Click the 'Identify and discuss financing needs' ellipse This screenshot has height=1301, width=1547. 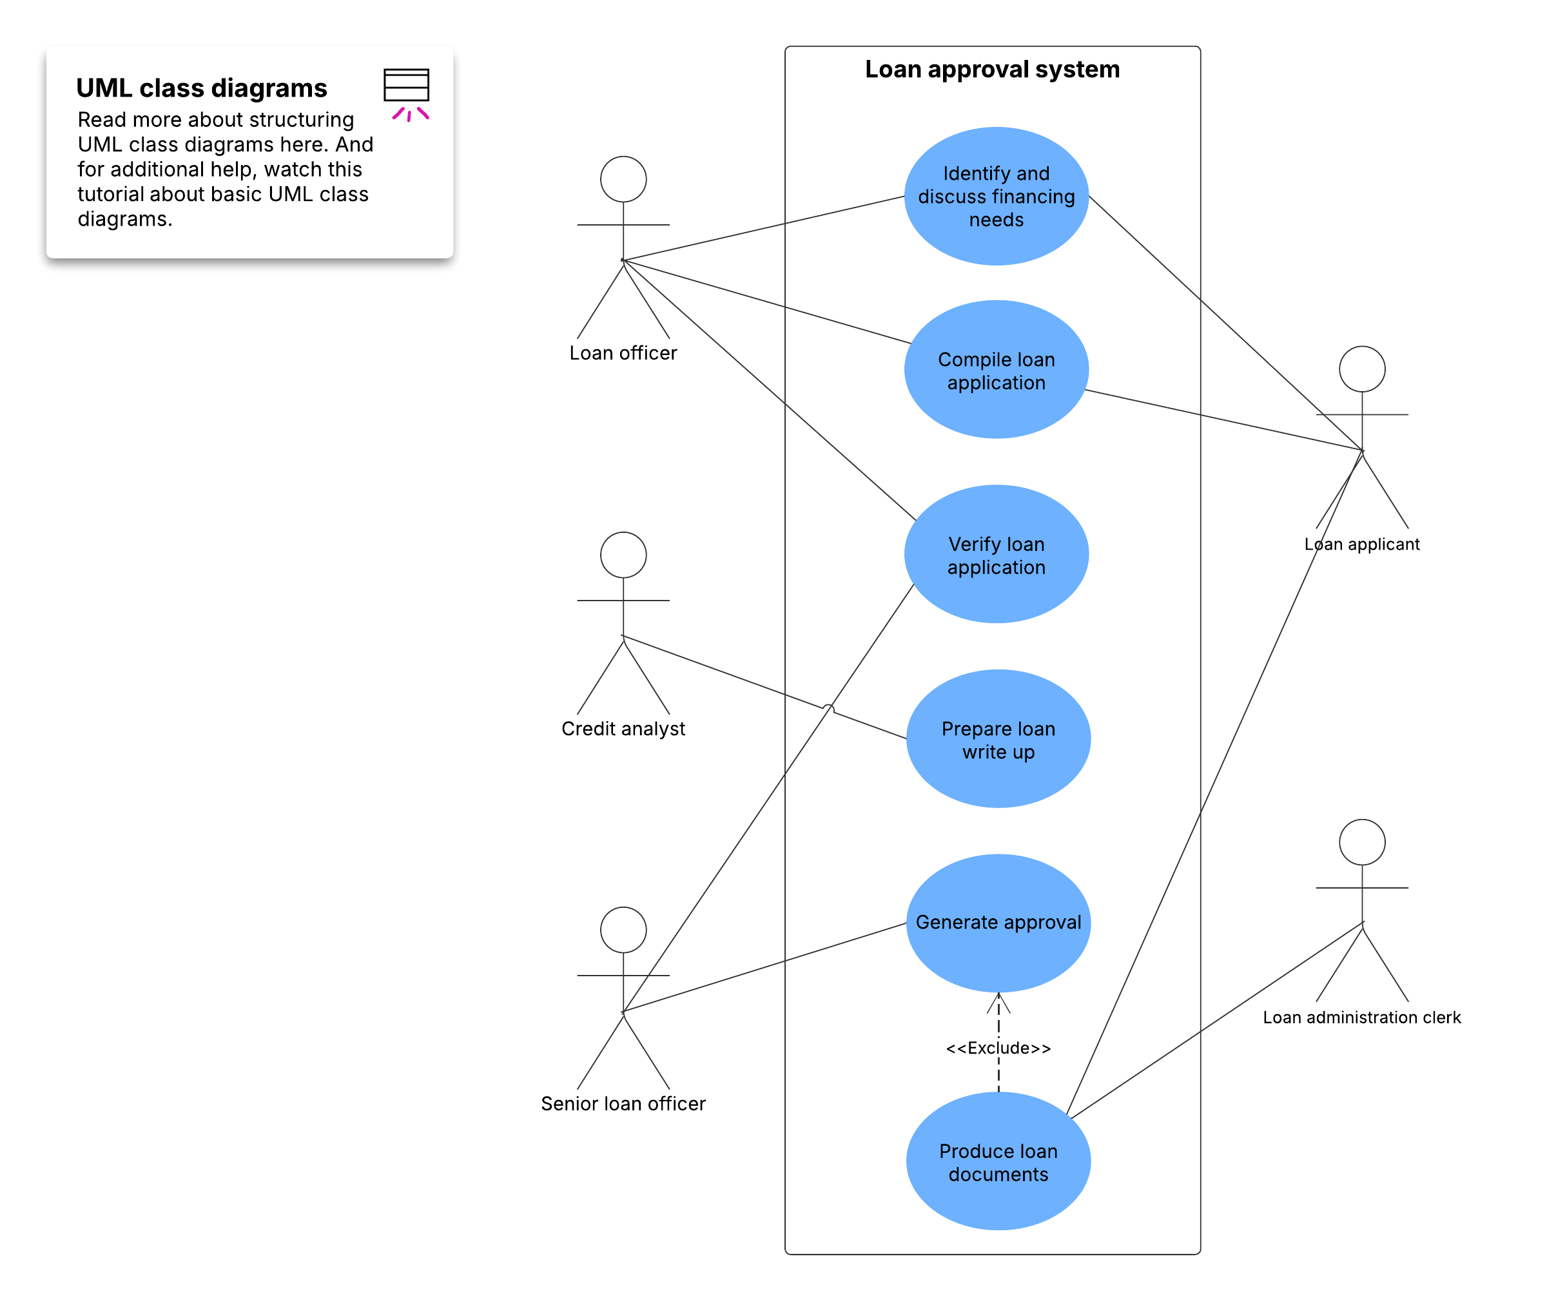coord(995,196)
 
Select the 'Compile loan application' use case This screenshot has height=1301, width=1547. coord(995,371)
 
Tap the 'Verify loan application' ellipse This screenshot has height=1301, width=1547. coord(995,555)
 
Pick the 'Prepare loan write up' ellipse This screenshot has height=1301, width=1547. coord(997,739)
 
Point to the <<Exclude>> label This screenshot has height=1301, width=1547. coord(997,1047)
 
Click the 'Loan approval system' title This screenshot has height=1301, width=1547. coord(991,70)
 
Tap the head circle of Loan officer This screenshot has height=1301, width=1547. coord(623,179)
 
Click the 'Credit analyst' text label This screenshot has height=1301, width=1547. coord(623,729)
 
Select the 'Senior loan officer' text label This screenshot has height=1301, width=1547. coord(623,1103)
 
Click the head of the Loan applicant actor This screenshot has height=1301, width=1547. coord(1361,369)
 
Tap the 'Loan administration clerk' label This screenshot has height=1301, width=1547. coord(1361,1017)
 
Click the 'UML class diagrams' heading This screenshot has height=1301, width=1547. coord(201,88)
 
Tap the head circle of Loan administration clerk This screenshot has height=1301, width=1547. coord(1361,842)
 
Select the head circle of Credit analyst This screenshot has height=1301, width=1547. coord(623,555)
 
